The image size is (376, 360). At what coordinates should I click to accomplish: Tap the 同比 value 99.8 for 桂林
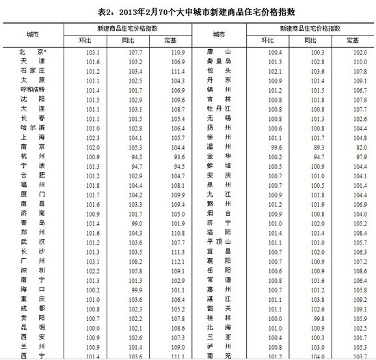point(313,318)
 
